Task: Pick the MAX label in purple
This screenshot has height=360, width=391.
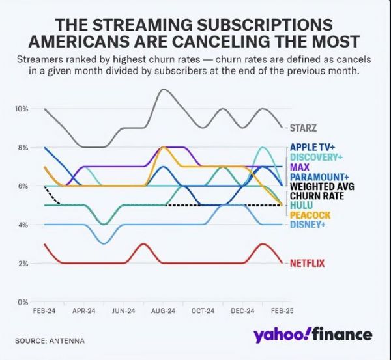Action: (300, 167)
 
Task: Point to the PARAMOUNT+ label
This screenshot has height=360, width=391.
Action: (319, 176)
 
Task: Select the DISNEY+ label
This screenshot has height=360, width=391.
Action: (308, 225)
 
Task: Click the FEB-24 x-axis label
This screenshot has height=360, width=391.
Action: (44, 312)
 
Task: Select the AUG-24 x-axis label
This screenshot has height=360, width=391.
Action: (164, 312)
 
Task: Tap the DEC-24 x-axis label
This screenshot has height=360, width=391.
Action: (243, 312)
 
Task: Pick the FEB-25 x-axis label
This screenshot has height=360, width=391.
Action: (282, 312)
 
